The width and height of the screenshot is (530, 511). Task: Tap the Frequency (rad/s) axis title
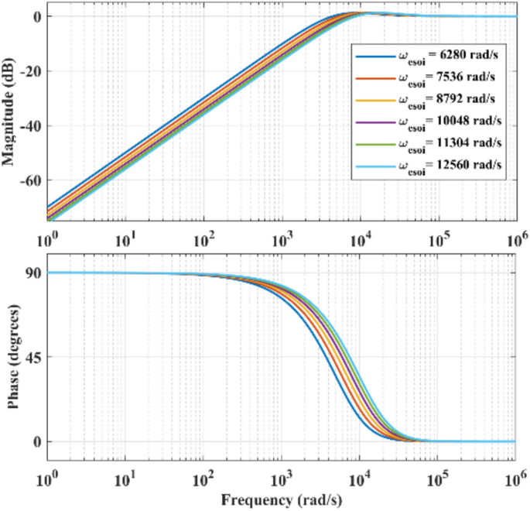click(282, 499)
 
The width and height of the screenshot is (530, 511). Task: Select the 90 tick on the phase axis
click(34, 273)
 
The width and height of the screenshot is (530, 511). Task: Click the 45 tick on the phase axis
click(34, 357)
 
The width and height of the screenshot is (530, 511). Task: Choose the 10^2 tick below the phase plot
click(203, 476)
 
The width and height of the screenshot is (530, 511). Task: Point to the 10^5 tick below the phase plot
click(437, 476)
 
